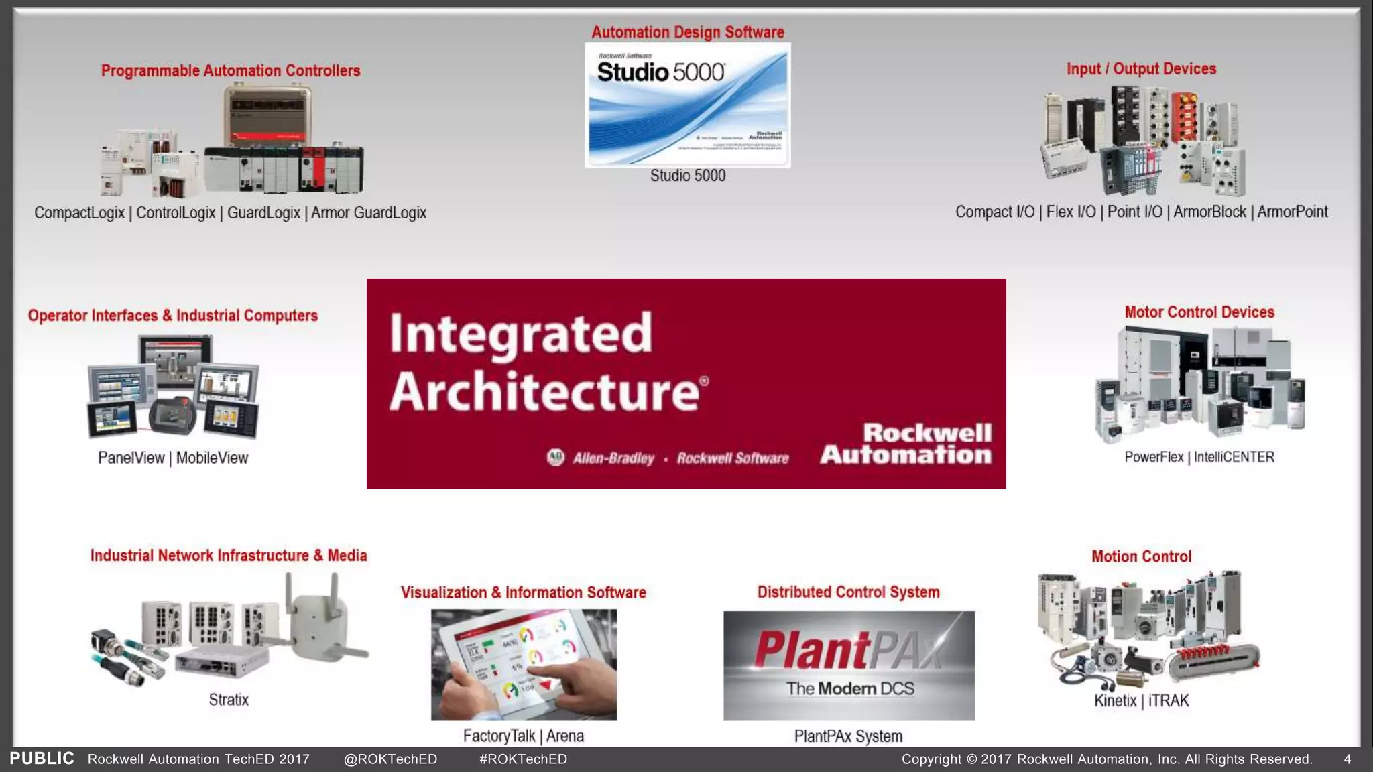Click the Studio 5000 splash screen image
[x=687, y=105]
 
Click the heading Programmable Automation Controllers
[x=231, y=71]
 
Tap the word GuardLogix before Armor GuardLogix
[x=263, y=213]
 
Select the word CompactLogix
[x=79, y=213]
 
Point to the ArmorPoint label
[x=1292, y=212]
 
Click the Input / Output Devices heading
[x=1141, y=69]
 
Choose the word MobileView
[x=212, y=458]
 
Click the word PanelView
[x=131, y=458]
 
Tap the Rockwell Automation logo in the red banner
[x=906, y=444]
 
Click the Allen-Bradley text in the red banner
[x=613, y=458]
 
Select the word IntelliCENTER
[x=1234, y=457]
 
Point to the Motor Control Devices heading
[x=1199, y=312]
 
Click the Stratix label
[x=229, y=700]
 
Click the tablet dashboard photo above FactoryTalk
[x=524, y=664]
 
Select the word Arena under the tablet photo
[x=565, y=736]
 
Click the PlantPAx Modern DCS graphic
[x=849, y=665]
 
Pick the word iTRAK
[x=1169, y=701]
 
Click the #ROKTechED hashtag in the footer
[x=523, y=759]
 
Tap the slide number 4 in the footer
[x=1347, y=759]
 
